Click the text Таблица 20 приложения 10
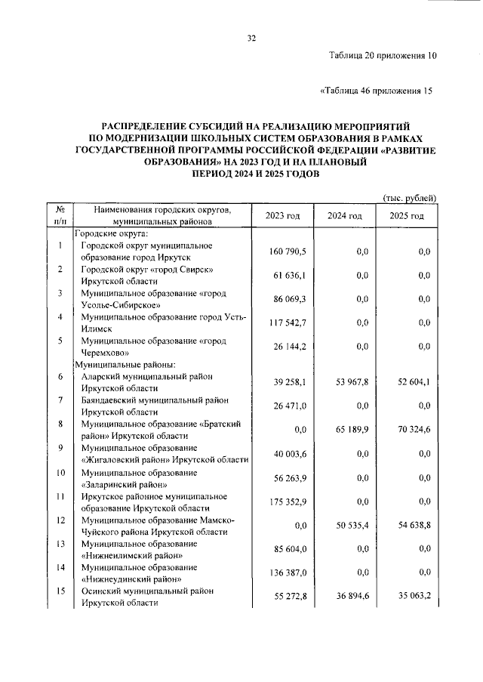(383, 55)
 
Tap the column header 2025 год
(407, 216)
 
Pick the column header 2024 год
(345, 216)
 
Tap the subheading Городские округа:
(106, 233)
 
